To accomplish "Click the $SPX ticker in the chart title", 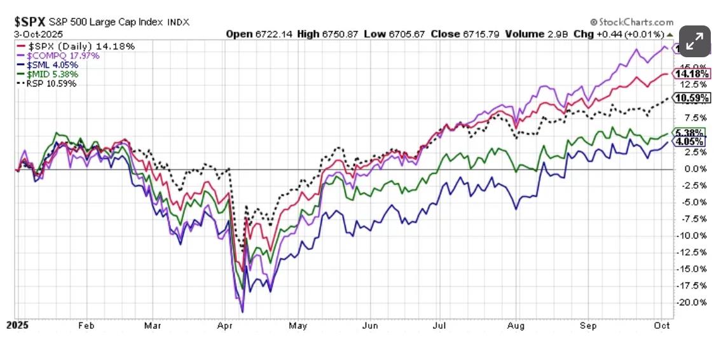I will (30, 22).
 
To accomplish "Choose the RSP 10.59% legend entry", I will (48, 83).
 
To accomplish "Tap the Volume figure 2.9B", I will (556, 34).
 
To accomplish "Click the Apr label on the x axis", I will (224, 325).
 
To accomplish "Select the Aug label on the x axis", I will (516, 325).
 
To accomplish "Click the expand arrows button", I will (695, 41).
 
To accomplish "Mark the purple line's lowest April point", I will (242, 312).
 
